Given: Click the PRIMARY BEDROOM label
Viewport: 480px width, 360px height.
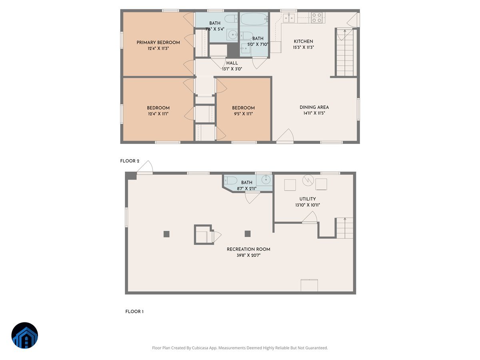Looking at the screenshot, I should click(158, 42).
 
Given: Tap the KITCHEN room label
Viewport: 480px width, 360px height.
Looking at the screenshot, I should click(303, 41).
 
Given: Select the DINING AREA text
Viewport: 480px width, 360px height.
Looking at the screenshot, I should click(314, 107).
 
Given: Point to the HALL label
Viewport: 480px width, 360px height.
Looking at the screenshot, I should click(232, 63).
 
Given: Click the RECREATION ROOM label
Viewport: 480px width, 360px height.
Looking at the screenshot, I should click(248, 249).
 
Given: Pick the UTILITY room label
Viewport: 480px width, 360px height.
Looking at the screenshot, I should click(307, 199).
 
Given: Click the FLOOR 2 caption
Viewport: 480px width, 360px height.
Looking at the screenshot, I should click(130, 161).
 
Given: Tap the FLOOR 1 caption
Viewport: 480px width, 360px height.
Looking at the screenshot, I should click(134, 312).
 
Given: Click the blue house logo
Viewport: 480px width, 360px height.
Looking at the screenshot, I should click(25, 335).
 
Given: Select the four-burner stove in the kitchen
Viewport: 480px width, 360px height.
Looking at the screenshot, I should click(317, 17).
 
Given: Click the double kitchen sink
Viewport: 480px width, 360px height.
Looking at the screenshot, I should click(289, 17).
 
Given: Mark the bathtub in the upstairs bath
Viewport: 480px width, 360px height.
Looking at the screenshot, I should click(254, 19).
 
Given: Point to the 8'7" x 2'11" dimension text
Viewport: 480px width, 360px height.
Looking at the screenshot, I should click(247, 188).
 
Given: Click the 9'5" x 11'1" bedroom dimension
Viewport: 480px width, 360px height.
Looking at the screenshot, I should click(243, 114).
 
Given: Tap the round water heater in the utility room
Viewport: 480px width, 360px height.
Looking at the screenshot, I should click(308, 180).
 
